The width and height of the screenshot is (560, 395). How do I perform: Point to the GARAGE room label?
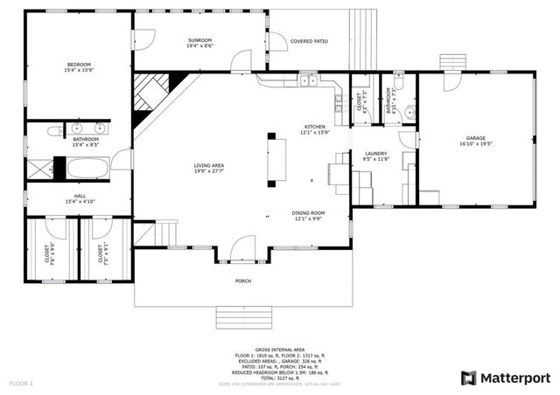click(475, 142)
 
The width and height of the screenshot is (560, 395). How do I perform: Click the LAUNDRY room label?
click(375, 156)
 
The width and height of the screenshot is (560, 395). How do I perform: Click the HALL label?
click(80, 198)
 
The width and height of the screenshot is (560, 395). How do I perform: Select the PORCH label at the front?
click(243, 281)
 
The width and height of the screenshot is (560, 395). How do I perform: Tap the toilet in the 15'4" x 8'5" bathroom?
click(53, 131)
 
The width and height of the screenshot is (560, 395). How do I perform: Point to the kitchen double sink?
click(307, 81)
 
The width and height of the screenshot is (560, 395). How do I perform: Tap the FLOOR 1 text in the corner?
click(21, 384)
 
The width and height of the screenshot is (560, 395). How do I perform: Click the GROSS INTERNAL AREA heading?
click(279, 349)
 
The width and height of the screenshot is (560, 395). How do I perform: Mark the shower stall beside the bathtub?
click(59, 167)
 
